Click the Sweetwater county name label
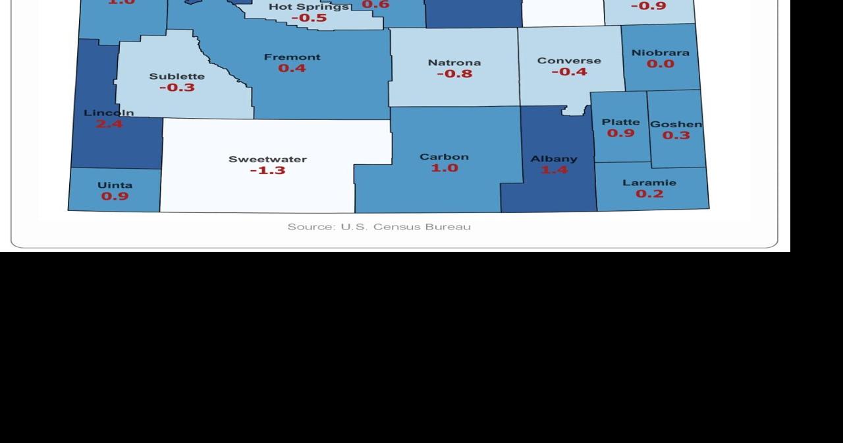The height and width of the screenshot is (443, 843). pos(267,160)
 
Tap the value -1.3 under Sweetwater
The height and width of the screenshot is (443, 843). pos(267,171)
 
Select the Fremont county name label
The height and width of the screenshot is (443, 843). pos(292,57)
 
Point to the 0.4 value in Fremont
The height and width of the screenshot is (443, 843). pos(292,68)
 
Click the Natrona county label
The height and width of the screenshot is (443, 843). pos(454,63)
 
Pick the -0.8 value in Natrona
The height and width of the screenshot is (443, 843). pos(454,74)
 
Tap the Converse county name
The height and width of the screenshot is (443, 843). pos(569,61)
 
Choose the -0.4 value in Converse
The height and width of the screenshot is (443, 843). pos(569,72)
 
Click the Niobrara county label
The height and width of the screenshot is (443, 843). pos(660,53)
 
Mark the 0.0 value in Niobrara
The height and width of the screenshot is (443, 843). pos(660,64)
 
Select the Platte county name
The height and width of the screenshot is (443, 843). pos(620,122)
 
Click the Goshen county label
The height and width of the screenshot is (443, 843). pos(676,124)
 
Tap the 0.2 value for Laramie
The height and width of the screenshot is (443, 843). pos(649,194)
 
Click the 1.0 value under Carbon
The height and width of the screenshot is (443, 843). pos(445,168)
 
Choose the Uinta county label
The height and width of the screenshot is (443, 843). pos(115,185)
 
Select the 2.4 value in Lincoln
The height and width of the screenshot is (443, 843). pos(109,123)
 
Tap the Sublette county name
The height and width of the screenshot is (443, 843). pos(177,76)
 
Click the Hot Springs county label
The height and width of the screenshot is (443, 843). pos(308,7)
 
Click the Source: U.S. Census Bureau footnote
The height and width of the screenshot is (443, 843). pos(379,227)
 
